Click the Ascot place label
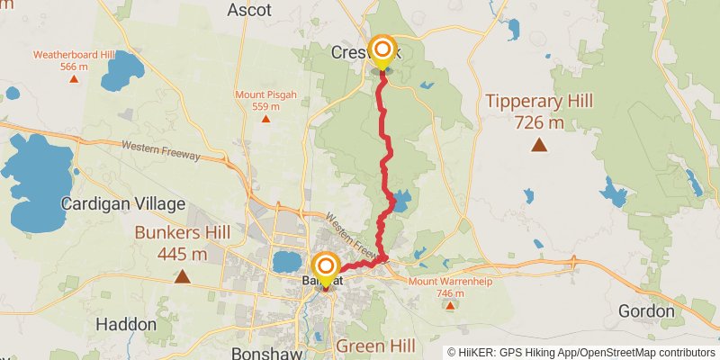point(248,10)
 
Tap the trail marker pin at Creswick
point(382,50)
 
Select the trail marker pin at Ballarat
point(325,268)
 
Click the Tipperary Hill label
point(539,111)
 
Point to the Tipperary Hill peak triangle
point(538,145)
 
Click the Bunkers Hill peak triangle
point(182,276)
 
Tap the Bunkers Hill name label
point(182,243)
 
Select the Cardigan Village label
point(122,204)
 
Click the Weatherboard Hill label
point(74,59)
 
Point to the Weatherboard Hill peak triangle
point(74,78)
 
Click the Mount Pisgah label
point(265,100)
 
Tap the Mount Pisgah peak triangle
point(265,118)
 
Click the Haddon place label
point(126,323)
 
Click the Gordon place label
point(646,311)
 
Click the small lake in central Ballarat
point(286,262)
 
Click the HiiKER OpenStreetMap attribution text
point(582,352)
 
